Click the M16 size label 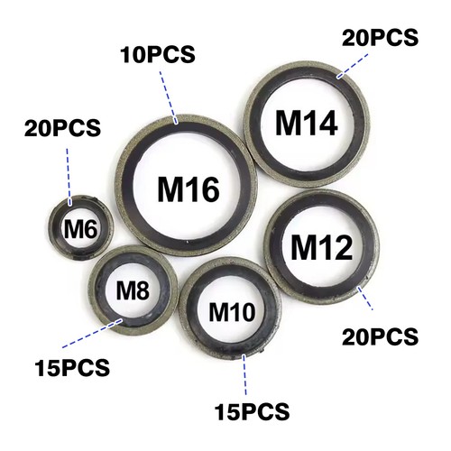(x=189, y=189)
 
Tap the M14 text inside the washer (x=307, y=123)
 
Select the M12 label (x=322, y=247)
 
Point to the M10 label (x=232, y=312)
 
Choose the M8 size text (x=133, y=290)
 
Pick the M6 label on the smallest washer (x=80, y=229)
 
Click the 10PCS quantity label (x=158, y=55)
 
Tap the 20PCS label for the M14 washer (x=380, y=38)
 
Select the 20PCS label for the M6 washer (x=62, y=128)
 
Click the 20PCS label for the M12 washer (x=380, y=336)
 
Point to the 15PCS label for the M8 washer (x=72, y=368)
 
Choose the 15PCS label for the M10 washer (x=252, y=411)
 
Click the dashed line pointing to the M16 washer (x=169, y=97)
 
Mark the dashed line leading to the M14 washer (x=353, y=66)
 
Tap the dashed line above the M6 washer (x=69, y=177)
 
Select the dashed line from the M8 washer (x=92, y=334)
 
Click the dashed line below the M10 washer (x=244, y=375)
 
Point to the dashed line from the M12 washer (x=365, y=299)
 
